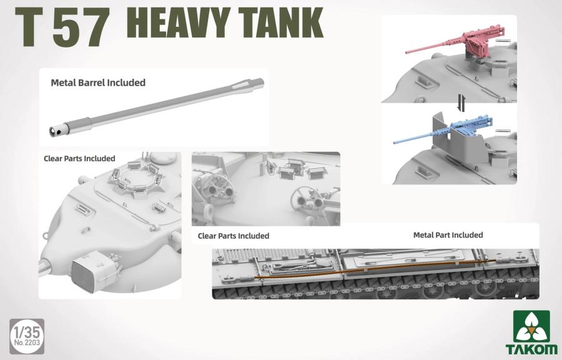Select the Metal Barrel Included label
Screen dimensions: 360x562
coord(98,82)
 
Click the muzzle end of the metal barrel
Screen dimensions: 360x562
coord(56,131)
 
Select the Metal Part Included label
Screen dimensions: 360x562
coord(448,235)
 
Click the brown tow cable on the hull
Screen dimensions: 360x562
coord(375,267)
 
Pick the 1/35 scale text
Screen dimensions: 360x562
coord(27,331)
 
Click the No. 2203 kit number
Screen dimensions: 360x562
coord(27,344)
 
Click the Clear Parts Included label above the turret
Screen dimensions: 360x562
coord(79,159)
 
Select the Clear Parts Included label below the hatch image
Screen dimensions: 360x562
coord(234,236)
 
